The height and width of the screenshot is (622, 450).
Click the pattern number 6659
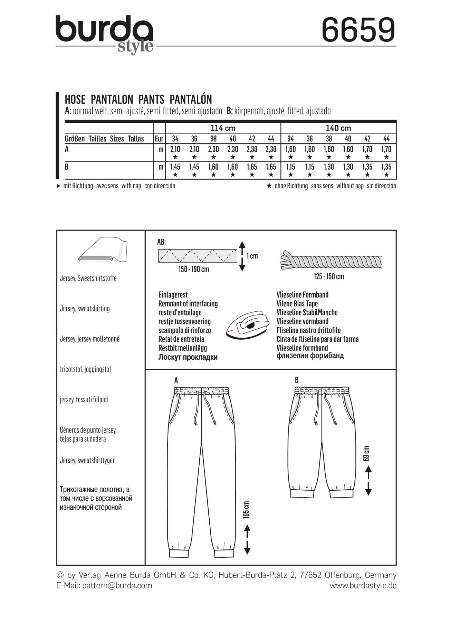358,30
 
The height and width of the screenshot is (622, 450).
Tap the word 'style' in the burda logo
135,47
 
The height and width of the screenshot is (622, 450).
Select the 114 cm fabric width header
223,128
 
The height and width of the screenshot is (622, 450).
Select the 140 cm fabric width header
338,128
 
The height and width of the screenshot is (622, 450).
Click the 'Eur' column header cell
159,139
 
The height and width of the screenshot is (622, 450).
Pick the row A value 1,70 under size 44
386,149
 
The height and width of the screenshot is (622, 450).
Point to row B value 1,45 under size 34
175,167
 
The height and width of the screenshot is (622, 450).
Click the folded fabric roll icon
103,250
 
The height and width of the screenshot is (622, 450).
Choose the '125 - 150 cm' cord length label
329,276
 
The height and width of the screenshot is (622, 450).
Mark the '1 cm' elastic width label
252,256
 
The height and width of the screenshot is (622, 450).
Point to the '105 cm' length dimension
246,510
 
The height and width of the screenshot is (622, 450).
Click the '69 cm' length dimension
366,453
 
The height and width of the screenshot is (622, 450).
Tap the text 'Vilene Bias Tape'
297,304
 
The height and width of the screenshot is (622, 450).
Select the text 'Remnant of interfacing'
188,304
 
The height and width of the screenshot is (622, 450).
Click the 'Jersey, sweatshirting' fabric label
85,309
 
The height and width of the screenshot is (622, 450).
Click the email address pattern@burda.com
117,585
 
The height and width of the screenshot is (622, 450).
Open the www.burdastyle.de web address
363,585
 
